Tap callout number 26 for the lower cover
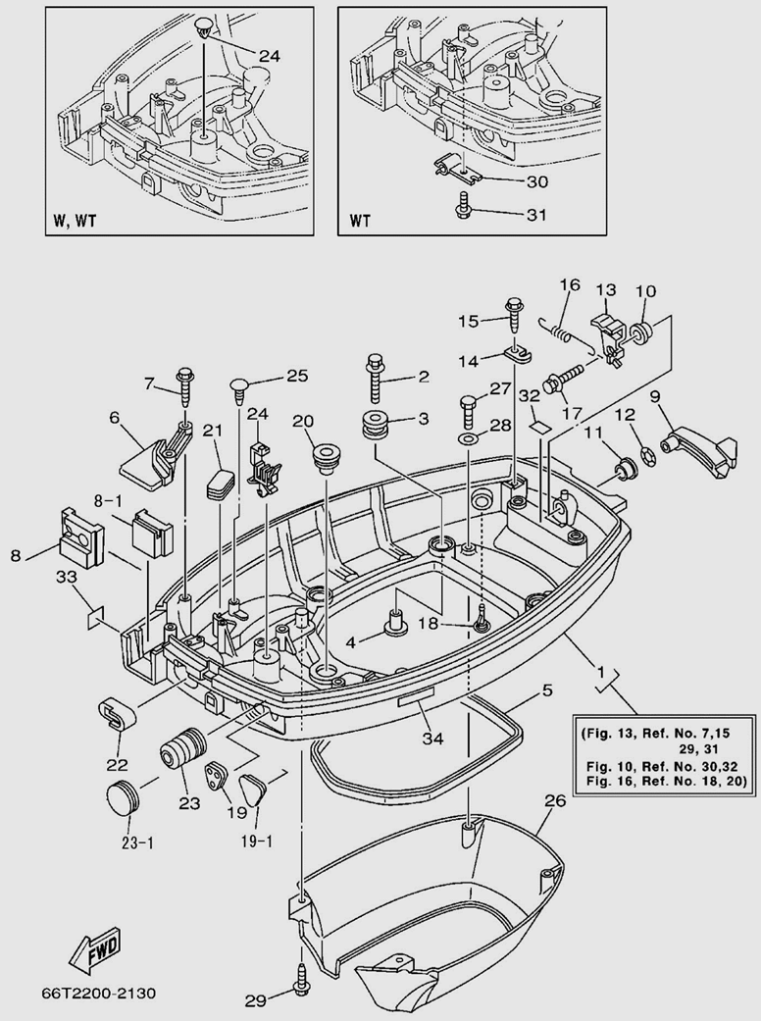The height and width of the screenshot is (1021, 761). pos(554,801)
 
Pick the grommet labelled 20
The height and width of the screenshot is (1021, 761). pos(322,458)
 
